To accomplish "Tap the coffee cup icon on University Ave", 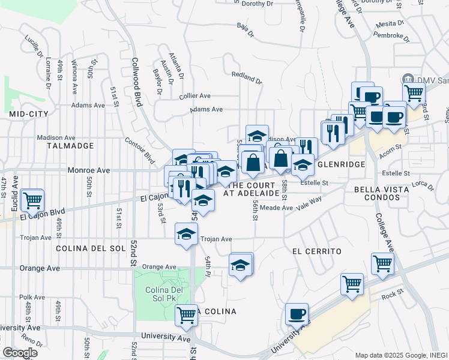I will (296, 314).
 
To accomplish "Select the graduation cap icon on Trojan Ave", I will (186, 234).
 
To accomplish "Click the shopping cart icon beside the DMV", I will (414, 94).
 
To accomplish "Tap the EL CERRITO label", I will (317, 251).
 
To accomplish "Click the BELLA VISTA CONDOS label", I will (382, 194).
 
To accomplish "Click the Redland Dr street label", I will (247, 77).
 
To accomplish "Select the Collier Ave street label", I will (194, 96).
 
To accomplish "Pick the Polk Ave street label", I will (32, 297).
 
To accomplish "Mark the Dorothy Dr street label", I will (257, 4).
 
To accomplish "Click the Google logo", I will (20, 353).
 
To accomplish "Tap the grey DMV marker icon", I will (408, 79).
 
